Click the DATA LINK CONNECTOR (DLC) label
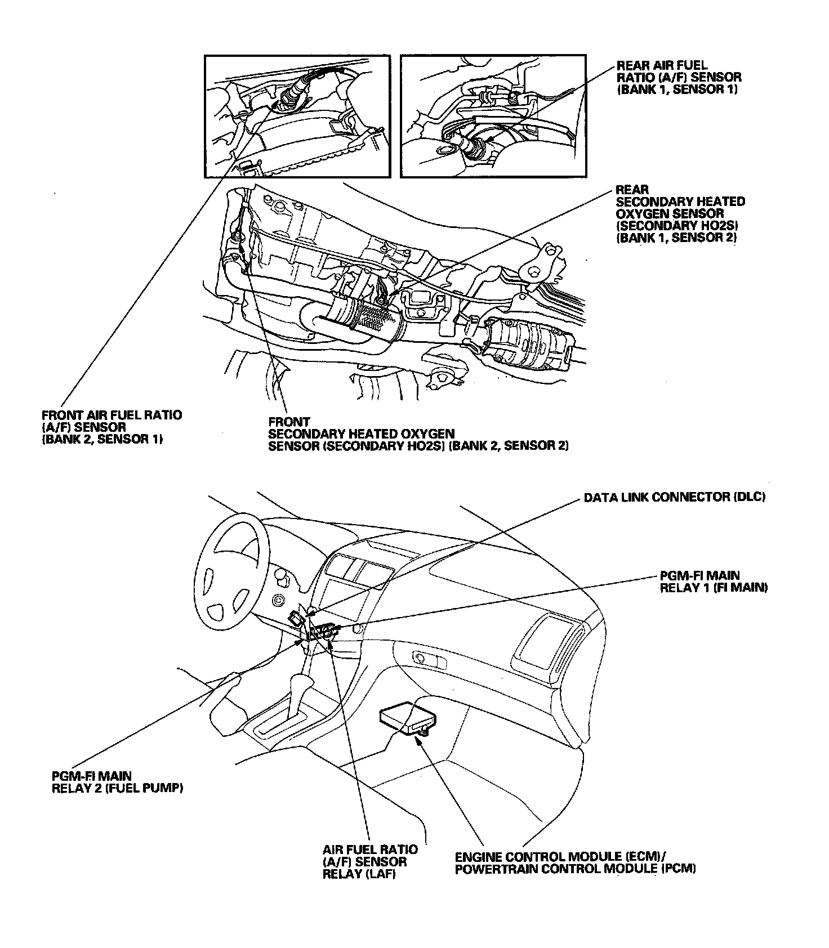click(x=674, y=498)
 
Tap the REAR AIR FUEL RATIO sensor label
click(x=679, y=77)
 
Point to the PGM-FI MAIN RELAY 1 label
click(x=714, y=582)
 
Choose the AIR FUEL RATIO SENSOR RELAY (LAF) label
click(x=370, y=861)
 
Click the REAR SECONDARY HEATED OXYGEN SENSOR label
click(x=680, y=213)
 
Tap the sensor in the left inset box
click(x=293, y=93)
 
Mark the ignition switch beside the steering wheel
click(x=277, y=600)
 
